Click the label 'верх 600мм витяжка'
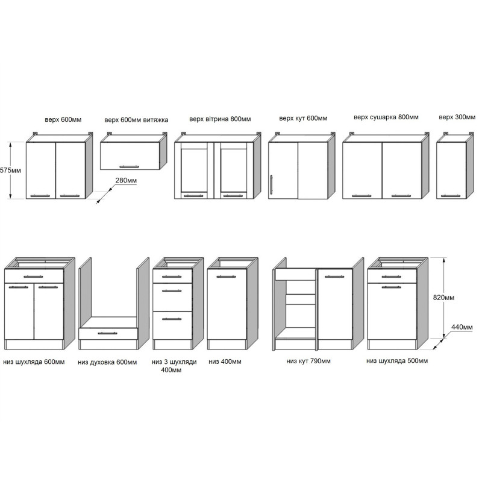point(136,120)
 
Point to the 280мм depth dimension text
point(125,180)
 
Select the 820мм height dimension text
point(460,298)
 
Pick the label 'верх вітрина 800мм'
point(219,119)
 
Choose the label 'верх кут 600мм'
point(303,119)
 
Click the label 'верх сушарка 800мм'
point(386,117)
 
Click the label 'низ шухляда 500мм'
point(397,361)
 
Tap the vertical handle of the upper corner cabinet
point(273,185)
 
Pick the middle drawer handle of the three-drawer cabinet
point(172,290)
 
